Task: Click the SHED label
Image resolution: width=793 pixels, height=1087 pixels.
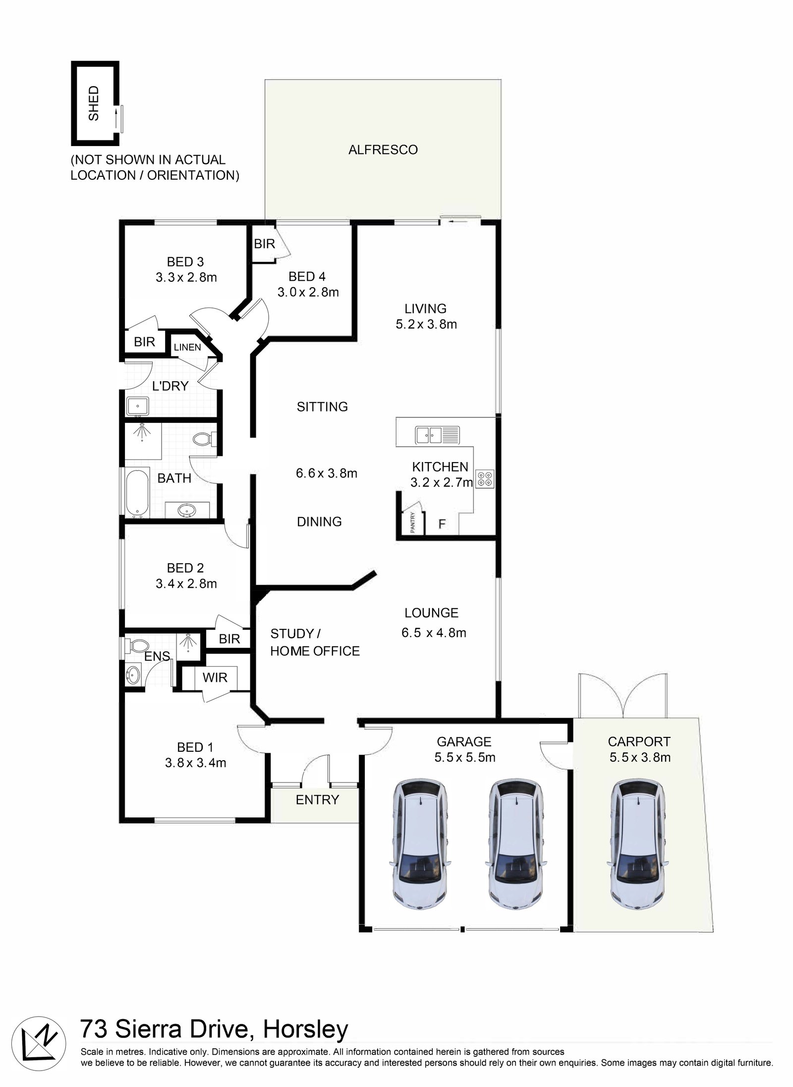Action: (94, 103)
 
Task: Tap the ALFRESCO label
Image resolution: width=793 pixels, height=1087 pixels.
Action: (383, 150)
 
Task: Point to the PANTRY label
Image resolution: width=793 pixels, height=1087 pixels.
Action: (412, 523)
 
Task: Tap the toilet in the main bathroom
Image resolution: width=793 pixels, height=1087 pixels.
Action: (203, 438)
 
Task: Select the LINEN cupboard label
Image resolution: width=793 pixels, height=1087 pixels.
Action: (187, 347)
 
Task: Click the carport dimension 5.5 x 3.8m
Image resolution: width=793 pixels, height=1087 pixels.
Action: (639, 757)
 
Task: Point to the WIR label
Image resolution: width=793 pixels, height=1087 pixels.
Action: (215, 677)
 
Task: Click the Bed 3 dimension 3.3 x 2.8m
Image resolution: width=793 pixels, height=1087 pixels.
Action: (186, 277)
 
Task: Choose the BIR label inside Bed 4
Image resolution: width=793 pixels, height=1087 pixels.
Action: (264, 244)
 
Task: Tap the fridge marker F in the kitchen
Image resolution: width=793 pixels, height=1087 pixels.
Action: (442, 524)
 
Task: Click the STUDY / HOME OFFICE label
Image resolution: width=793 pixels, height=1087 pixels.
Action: (315, 642)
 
